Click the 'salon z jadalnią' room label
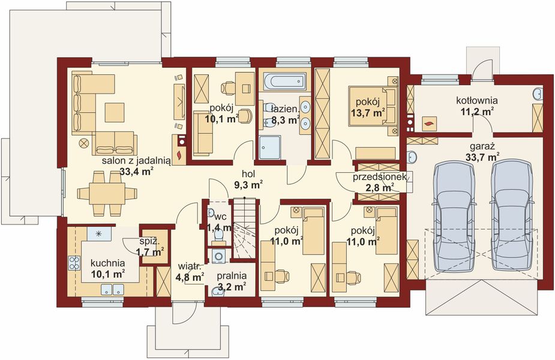(x=137, y=161)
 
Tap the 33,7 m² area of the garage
(x=482, y=157)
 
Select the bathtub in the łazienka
(x=284, y=81)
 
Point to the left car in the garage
(x=454, y=215)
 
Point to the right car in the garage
(x=512, y=215)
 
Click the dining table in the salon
(x=107, y=193)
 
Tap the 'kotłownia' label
(x=477, y=101)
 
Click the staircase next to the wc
(x=244, y=229)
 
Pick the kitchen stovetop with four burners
(x=74, y=263)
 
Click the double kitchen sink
(x=113, y=289)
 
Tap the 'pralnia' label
(x=232, y=276)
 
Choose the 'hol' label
(x=248, y=173)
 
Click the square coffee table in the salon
(x=115, y=112)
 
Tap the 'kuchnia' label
(x=107, y=263)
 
